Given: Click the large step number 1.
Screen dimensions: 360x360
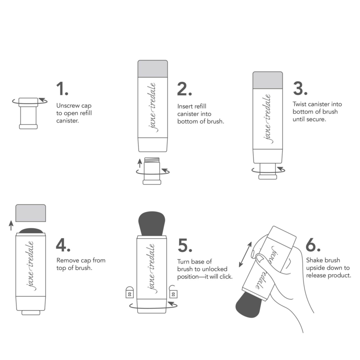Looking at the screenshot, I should tap(62, 89).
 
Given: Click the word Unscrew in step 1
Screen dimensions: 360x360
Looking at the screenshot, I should tap(67, 106).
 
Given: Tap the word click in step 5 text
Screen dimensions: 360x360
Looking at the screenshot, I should tap(225, 277).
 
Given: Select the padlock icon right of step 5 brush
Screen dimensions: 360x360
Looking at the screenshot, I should tap(174, 292).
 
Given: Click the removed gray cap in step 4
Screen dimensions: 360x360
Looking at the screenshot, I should tap(31, 213).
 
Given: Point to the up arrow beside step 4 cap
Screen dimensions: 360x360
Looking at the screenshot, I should tap(11, 226).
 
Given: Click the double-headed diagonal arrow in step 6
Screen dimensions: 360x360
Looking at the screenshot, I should tap(245, 254).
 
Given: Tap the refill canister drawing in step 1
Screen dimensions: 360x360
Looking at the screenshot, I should tap(28, 113).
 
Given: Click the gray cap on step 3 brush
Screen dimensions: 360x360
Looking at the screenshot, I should tap(267, 80).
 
